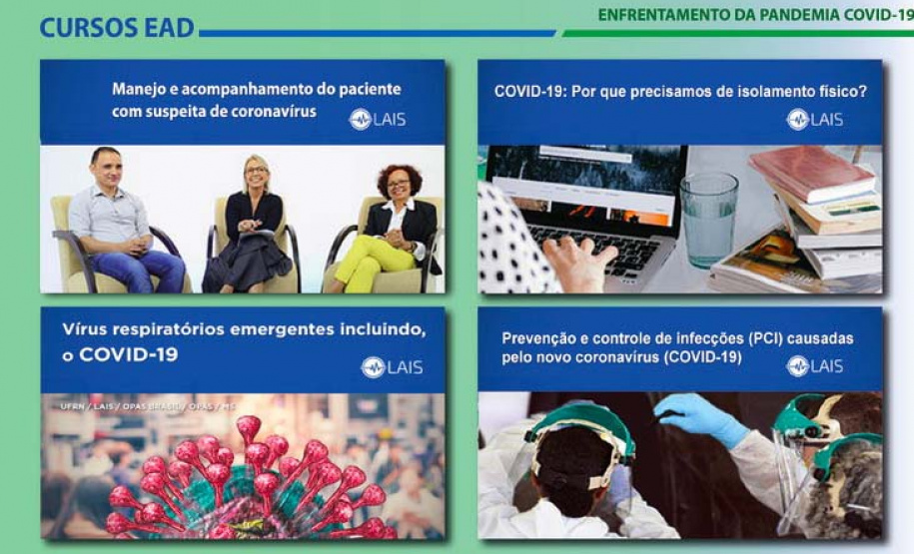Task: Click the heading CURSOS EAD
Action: click(x=117, y=28)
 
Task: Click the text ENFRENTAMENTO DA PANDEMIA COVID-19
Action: click(x=755, y=15)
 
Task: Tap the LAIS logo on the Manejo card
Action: click(x=377, y=120)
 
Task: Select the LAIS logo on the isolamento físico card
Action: click(x=814, y=120)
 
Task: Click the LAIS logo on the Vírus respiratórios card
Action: click(x=392, y=367)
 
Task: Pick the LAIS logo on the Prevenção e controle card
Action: click(x=814, y=366)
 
